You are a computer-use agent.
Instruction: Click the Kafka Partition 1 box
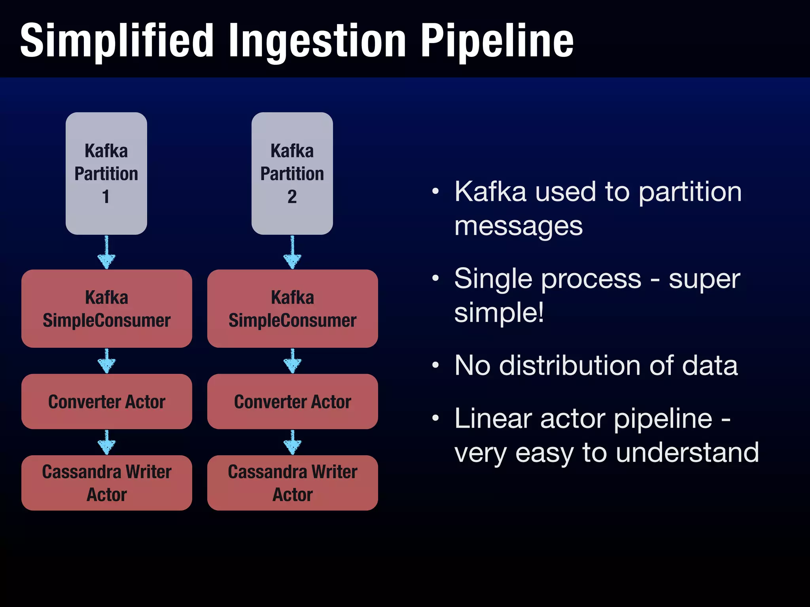tap(106, 173)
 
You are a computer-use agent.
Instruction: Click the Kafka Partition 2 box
tap(292, 173)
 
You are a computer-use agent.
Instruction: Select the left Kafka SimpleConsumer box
tap(106, 309)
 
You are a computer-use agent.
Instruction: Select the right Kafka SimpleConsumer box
tap(292, 309)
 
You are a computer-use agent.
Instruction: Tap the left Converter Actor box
tap(106, 402)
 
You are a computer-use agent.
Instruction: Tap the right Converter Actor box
tap(292, 402)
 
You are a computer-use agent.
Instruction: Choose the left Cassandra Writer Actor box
tap(106, 483)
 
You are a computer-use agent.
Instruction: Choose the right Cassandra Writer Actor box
tap(292, 483)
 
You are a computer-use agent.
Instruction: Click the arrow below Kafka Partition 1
tap(106, 253)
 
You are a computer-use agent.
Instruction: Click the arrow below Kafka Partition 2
tap(292, 253)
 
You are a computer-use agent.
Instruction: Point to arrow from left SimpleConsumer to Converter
tap(106, 361)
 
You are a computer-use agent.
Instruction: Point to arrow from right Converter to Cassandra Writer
tap(292, 443)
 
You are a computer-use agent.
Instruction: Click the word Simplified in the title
tap(117, 41)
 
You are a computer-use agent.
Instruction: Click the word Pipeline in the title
tap(496, 41)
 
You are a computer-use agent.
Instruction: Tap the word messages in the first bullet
tap(518, 227)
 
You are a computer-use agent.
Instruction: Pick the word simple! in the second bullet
tap(499, 313)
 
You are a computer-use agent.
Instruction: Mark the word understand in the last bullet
tap(687, 452)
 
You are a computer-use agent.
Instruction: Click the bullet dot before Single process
tap(435, 278)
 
